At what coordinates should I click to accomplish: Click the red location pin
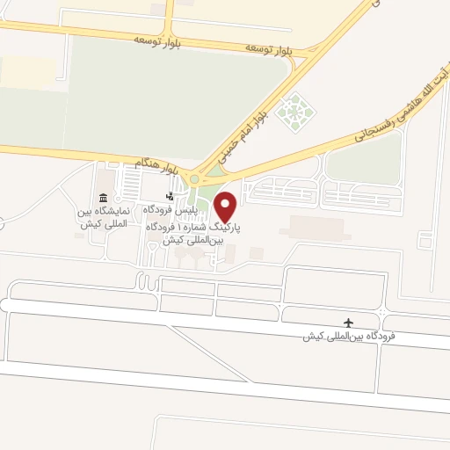pyautogui.click(x=226, y=207)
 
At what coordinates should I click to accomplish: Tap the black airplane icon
pyautogui.click(x=349, y=323)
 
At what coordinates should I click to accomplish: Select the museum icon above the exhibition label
pyautogui.click(x=105, y=197)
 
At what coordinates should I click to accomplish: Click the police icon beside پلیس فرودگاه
pyautogui.click(x=170, y=196)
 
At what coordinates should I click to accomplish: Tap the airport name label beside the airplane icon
pyautogui.click(x=349, y=337)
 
